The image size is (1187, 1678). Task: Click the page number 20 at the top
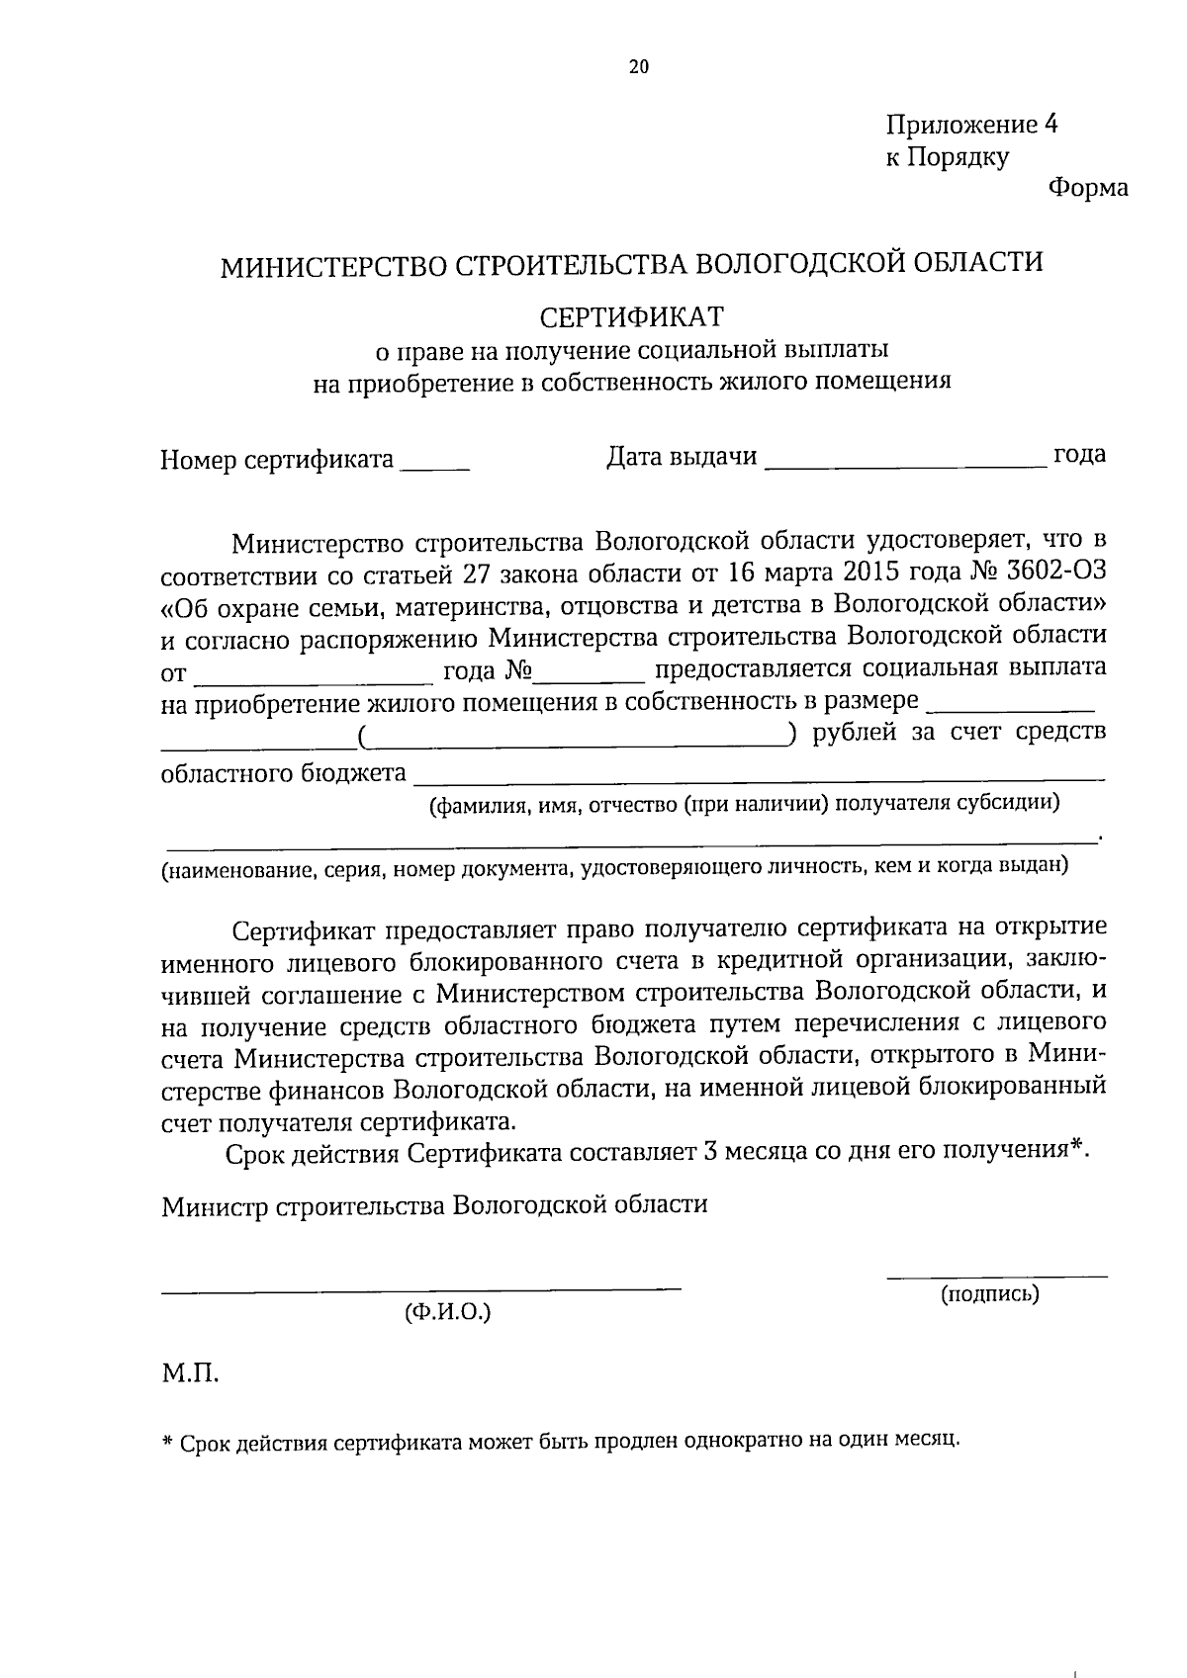(638, 67)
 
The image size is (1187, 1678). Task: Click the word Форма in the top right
(1087, 188)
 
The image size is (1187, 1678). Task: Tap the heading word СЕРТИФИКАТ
(632, 316)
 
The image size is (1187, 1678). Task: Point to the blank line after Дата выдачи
(906, 463)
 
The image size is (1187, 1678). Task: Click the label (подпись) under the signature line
(989, 1293)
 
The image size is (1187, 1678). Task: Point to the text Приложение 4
(971, 125)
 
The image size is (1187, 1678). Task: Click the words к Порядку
(947, 157)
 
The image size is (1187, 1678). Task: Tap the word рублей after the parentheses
(855, 733)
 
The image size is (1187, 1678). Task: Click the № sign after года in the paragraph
(518, 670)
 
